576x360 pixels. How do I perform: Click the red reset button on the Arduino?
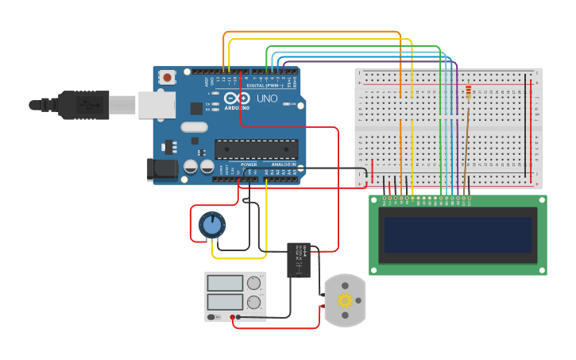pos(167,78)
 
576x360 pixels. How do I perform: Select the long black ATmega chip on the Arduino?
pos(256,149)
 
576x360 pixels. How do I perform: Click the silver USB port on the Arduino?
pos(156,104)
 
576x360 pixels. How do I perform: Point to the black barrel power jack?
pos(161,169)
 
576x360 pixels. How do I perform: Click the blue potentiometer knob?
pos(211,225)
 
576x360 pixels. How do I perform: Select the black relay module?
pos(299,260)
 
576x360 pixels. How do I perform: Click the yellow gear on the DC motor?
pos(345,300)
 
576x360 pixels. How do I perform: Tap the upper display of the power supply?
pos(225,283)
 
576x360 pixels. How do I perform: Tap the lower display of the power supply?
pos(225,302)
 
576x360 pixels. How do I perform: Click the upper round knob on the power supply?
pos(253,283)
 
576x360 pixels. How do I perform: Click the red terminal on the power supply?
pos(233,318)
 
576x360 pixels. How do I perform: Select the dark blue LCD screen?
pos(457,235)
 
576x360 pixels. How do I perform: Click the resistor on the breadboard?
pos(468,94)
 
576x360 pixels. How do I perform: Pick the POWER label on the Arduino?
pos(249,165)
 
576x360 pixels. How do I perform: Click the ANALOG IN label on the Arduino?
pos(283,165)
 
